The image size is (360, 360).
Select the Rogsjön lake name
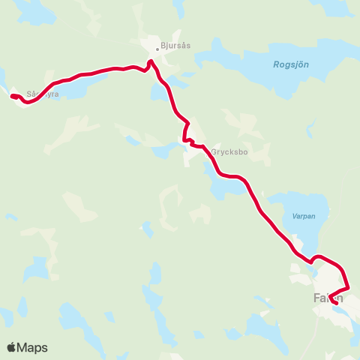(x=292, y=64)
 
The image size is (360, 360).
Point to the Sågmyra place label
(x=41, y=94)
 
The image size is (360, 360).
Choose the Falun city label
(x=327, y=298)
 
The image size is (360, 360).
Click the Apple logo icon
(x=12, y=347)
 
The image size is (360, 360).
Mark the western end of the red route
(x=11, y=96)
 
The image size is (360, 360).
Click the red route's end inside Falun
(x=335, y=303)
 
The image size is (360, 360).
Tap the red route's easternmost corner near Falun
(x=349, y=287)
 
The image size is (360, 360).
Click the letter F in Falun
(x=315, y=298)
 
